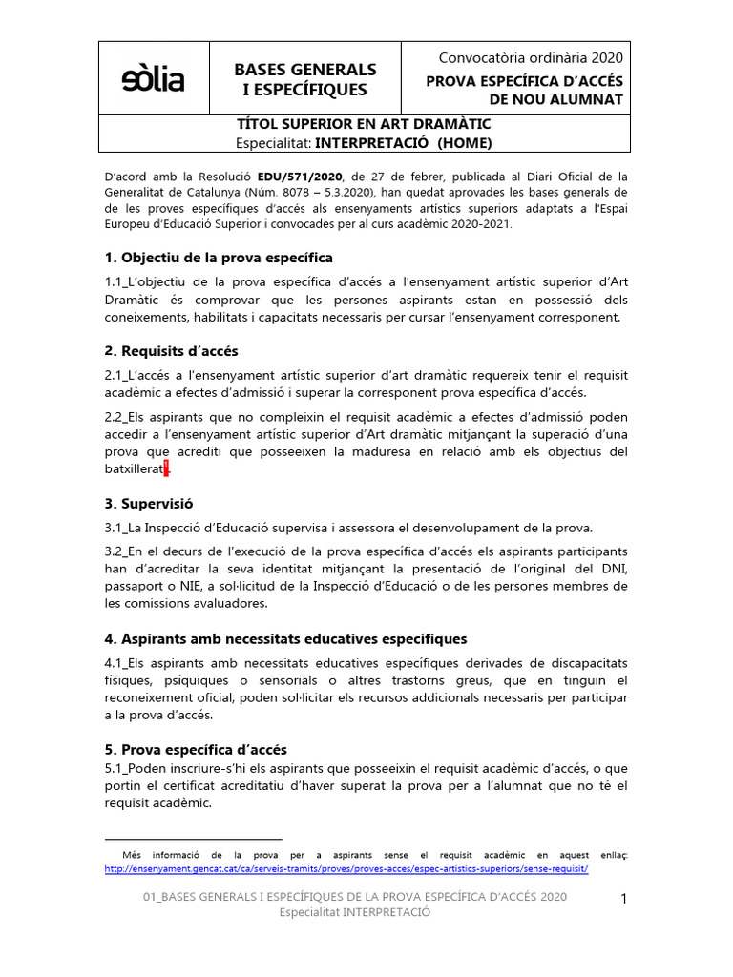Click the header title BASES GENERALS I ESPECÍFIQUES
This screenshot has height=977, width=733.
coord(305,79)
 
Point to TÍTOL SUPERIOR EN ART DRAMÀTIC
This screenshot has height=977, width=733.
coord(364,124)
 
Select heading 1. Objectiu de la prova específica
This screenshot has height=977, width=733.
coord(219,258)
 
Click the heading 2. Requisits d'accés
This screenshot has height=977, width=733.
coord(171,351)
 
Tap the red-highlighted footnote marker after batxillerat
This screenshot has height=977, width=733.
coord(166,468)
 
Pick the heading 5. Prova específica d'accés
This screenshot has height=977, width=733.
coord(196,750)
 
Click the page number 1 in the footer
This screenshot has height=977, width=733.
coord(623,898)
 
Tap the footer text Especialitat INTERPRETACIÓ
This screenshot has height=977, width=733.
coord(354,912)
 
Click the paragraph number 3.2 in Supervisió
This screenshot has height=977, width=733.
coord(114,551)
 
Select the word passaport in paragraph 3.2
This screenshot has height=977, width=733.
coord(134,586)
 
